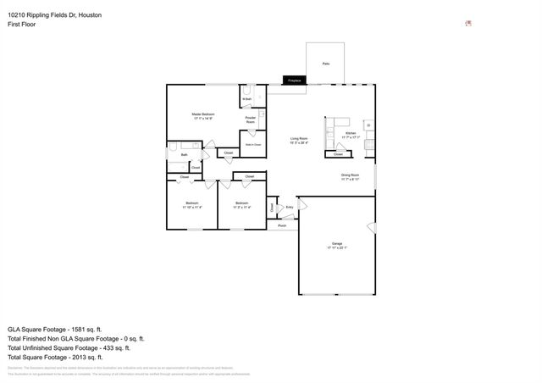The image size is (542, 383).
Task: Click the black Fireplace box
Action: tap(294, 80)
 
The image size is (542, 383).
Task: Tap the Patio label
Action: tap(326, 64)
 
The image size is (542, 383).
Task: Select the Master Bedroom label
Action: tap(203, 116)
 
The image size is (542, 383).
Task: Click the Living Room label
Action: tap(299, 141)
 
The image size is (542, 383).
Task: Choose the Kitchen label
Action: tap(351, 135)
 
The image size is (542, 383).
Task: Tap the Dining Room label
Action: tap(351, 177)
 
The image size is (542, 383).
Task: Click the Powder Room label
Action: tap(251, 119)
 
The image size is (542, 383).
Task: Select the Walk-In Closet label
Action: tap(252, 145)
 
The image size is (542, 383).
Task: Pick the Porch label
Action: tap(282, 225)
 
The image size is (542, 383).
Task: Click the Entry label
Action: tap(289, 206)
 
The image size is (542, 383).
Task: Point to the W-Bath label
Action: tap(246, 100)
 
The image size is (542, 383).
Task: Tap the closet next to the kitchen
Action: tap(338, 154)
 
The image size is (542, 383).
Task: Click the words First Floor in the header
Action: tap(21, 25)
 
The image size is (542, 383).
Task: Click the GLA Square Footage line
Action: tap(54, 328)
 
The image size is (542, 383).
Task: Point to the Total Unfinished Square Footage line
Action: tap(68, 347)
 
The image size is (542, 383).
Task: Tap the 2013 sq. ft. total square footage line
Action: tap(54, 358)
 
